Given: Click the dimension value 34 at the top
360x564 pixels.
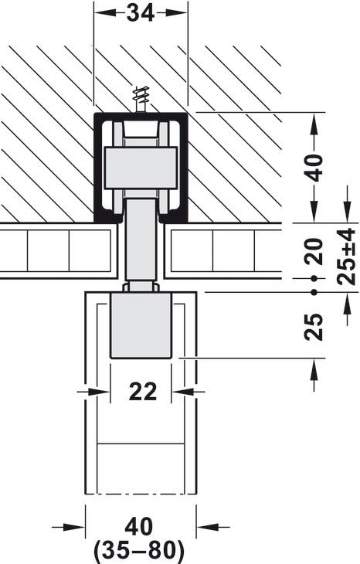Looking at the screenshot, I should [x=141, y=14].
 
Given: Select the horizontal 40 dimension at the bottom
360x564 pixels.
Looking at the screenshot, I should [x=139, y=527].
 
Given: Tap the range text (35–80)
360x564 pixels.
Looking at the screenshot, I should [x=139, y=550].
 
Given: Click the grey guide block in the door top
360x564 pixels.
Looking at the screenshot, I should [x=141, y=324].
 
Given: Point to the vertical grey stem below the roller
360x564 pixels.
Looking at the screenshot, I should [x=141, y=240].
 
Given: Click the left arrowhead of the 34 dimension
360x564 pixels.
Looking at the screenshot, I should [x=100, y=14].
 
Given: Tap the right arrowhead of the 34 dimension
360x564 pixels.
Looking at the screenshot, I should [x=182, y=14].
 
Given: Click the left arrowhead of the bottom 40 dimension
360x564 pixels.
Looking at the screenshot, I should [x=76, y=528].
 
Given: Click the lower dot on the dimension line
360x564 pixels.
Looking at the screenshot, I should [x=314, y=291].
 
